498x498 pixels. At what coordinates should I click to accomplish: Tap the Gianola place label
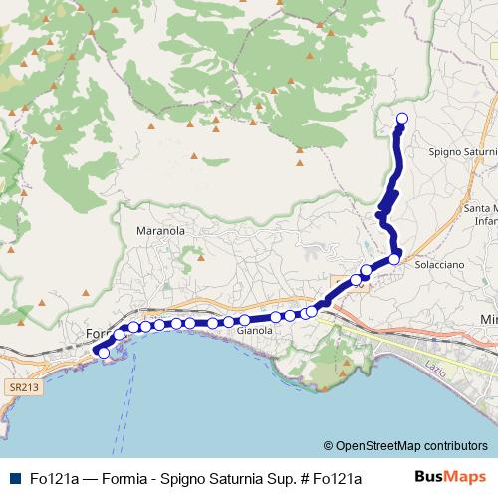click(255, 330)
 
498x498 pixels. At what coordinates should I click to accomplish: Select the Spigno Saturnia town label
click(461, 153)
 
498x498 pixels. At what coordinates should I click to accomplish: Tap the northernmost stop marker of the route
click(402, 120)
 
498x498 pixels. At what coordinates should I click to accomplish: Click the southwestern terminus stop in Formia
click(103, 352)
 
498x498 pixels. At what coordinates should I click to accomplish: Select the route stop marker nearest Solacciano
click(394, 259)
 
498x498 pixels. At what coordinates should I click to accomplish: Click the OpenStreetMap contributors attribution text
click(411, 446)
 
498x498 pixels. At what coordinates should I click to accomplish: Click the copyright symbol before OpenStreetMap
click(328, 446)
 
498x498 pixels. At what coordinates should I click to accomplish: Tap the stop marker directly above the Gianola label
click(244, 320)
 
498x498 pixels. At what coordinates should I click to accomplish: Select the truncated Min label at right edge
click(488, 318)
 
